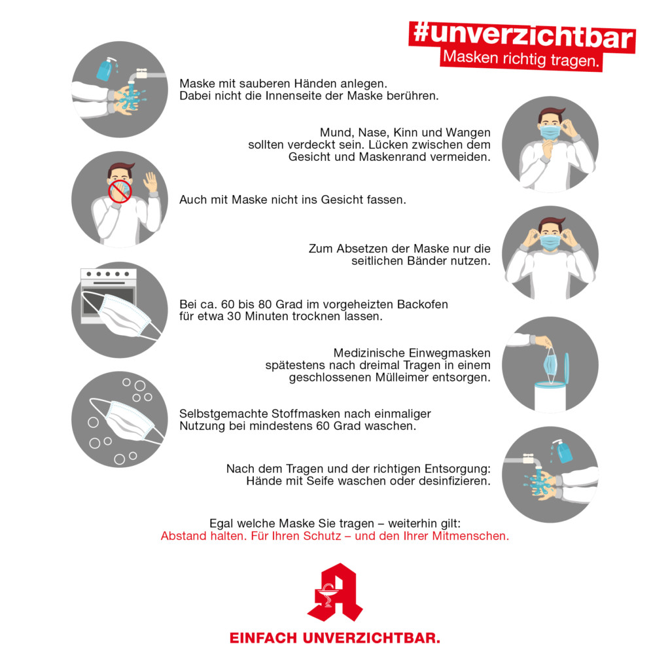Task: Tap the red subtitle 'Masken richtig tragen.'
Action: (521, 59)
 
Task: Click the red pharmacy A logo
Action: (334, 592)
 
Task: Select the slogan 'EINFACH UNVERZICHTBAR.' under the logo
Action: (334, 638)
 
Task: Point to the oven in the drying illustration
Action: (109, 295)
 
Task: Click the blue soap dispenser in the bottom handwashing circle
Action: (563, 451)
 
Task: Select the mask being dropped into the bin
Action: (550, 365)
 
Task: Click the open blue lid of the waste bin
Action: (567, 368)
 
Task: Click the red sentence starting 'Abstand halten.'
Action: (334, 536)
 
